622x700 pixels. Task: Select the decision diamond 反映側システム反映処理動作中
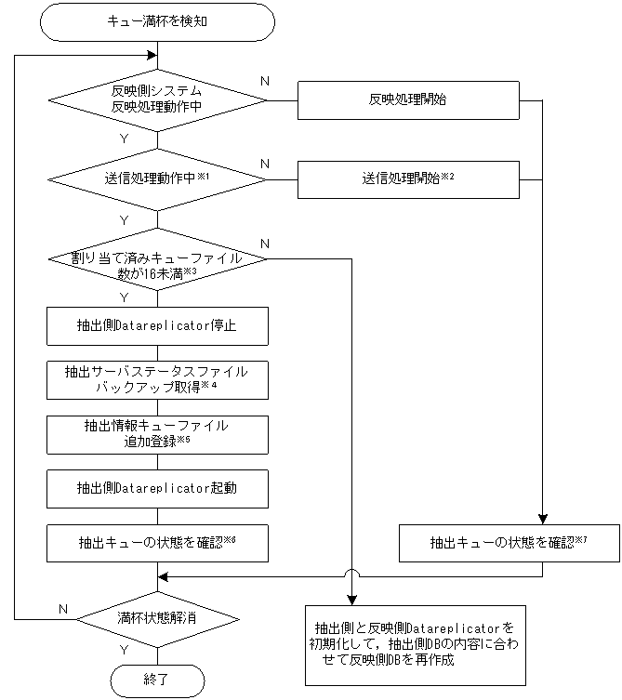pyautogui.click(x=157, y=99)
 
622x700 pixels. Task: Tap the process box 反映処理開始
pyautogui.click(x=407, y=99)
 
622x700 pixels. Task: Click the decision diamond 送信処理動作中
pyautogui.click(x=157, y=178)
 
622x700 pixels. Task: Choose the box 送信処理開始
pyautogui.click(x=407, y=178)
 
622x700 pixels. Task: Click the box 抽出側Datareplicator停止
pyautogui.click(x=157, y=325)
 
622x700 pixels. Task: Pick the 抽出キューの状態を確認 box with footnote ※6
pyautogui.click(x=157, y=542)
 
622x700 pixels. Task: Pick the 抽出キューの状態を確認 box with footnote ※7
pyautogui.click(x=509, y=543)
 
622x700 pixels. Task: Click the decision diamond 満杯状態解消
pyautogui.click(x=157, y=618)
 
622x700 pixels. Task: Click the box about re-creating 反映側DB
pyautogui.click(x=410, y=644)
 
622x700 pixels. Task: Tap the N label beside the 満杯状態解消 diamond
pyautogui.click(x=63, y=609)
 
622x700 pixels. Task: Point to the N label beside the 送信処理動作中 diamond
pyautogui.click(x=265, y=164)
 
